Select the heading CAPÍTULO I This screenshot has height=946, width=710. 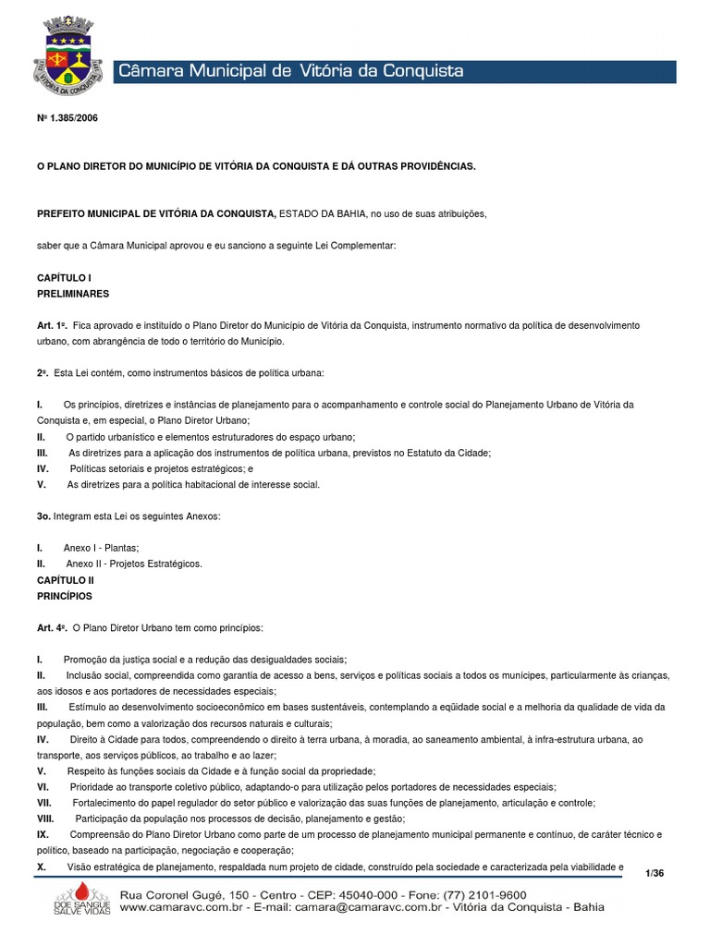[64, 277]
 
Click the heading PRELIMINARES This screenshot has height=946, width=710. [73, 293]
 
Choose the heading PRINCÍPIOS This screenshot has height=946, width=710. [64, 596]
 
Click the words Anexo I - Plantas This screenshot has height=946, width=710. [102, 548]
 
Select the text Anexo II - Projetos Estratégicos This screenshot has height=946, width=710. [133, 564]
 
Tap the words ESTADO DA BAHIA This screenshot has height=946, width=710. [322, 213]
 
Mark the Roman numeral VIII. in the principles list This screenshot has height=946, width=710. [46, 819]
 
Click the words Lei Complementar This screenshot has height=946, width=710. [355, 246]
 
